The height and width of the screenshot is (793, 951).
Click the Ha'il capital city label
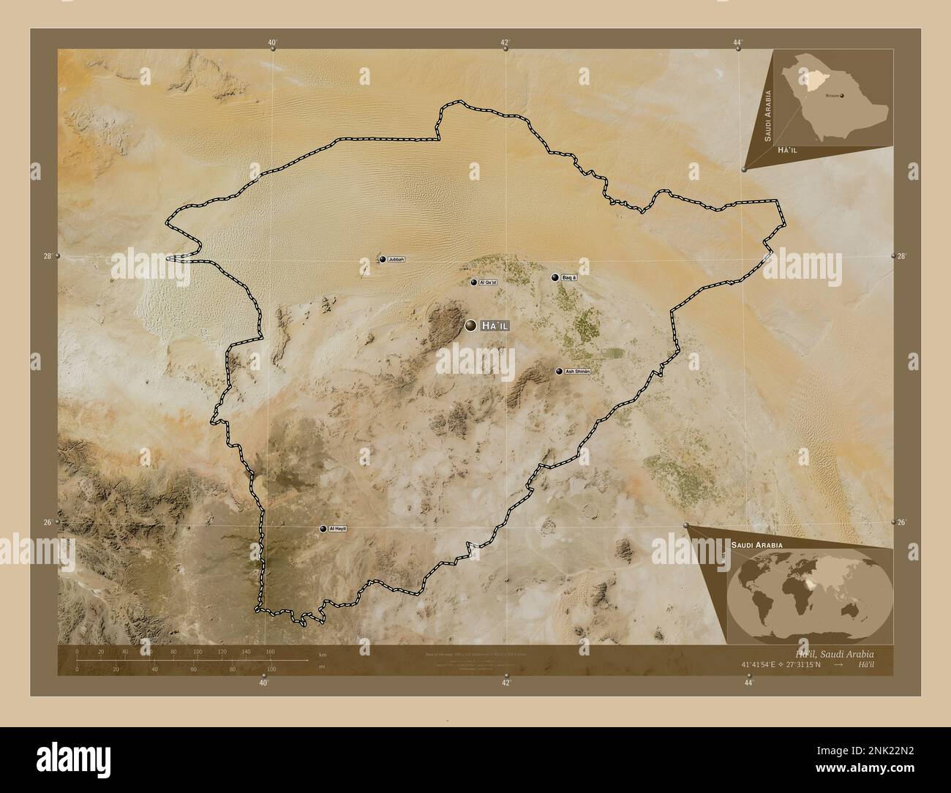pos(494,326)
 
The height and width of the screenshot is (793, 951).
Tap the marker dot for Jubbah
pos(382,259)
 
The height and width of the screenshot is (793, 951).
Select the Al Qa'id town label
pos(487,282)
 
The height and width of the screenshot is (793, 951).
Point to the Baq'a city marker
pos(556,278)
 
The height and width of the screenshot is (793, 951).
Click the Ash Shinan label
pos(577,372)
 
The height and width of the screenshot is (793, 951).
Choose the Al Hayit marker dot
pos(323,528)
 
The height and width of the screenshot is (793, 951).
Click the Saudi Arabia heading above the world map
pos(756,546)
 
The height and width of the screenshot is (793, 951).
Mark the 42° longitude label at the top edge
pos(505,42)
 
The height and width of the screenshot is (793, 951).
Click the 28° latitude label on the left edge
pos(47,256)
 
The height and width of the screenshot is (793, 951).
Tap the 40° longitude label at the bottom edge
pos(263,683)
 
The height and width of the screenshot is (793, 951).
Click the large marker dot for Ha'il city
pos(470,326)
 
